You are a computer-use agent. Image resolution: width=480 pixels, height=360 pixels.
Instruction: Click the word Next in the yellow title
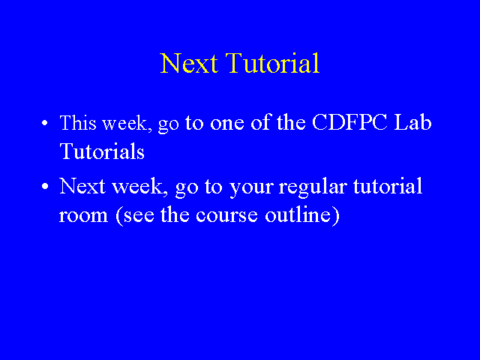tap(189, 63)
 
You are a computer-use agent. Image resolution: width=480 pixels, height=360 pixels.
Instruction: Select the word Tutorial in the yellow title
tap(273, 63)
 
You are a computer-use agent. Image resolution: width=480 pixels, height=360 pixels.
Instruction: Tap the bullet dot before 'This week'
tap(45, 123)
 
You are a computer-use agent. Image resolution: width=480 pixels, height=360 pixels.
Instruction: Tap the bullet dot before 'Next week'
tap(45, 186)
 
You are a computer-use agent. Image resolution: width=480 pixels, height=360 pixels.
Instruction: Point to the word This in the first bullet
tap(78, 122)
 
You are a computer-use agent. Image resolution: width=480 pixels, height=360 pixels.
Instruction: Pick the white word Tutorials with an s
tap(102, 151)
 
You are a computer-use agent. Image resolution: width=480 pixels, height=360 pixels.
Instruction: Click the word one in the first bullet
tap(227, 124)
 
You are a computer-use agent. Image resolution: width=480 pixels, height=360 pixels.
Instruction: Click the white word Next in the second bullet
tap(82, 185)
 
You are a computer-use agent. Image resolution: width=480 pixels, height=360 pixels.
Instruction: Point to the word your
tap(251, 188)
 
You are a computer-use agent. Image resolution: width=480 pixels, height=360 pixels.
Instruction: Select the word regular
tap(313, 187)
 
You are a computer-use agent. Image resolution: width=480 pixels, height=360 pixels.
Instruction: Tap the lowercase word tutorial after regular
tap(388, 185)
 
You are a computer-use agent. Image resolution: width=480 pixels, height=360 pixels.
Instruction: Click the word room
tap(83, 216)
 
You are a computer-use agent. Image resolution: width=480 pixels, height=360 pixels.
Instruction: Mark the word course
tap(226, 216)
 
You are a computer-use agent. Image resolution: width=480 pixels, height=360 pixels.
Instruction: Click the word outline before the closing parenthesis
tap(298, 214)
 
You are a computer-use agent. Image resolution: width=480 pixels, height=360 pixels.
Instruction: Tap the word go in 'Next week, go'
tap(187, 188)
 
